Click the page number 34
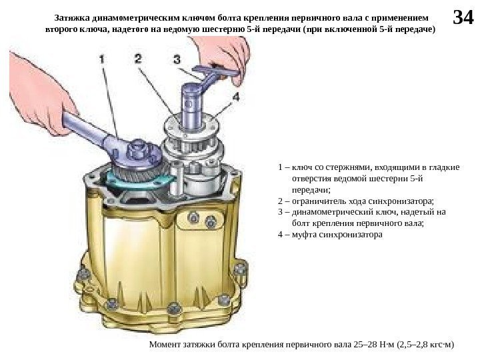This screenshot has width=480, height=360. [463, 17]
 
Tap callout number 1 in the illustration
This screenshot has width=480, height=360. [102, 59]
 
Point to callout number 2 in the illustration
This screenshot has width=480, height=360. [138, 59]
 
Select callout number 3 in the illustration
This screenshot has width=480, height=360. [177, 59]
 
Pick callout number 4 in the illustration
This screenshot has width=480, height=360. [235, 97]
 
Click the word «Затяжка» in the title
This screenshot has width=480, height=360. [72, 18]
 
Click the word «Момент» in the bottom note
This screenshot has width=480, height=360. [165, 345]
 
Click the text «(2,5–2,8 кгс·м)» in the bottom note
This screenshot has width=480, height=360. [425, 345]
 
